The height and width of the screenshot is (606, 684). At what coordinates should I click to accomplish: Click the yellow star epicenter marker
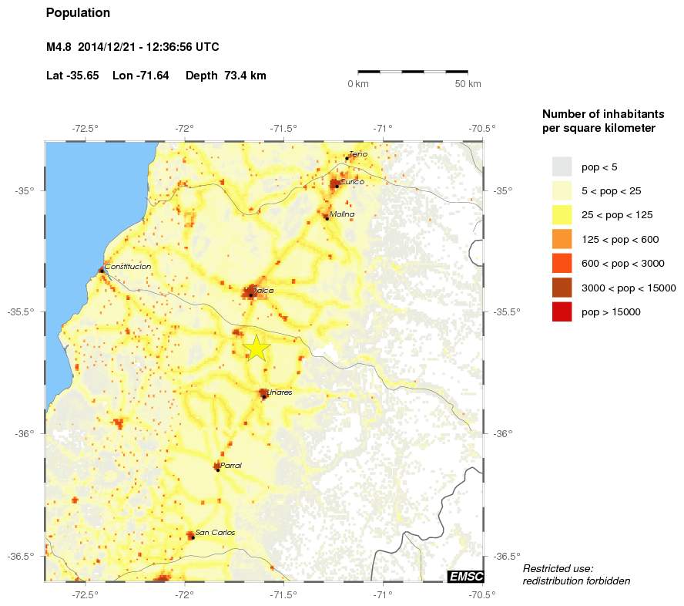(256, 348)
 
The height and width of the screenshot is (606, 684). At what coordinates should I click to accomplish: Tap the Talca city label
(263, 291)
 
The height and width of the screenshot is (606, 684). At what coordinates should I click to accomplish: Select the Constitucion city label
(127, 267)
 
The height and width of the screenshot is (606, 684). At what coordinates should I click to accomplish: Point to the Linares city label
(280, 392)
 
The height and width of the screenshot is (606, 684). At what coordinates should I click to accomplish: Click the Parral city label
(231, 466)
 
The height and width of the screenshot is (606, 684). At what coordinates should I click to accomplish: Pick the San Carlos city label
(215, 533)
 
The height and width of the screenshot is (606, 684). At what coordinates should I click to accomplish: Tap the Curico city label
(351, 182)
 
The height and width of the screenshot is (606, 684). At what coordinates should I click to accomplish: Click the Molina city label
(342, 214)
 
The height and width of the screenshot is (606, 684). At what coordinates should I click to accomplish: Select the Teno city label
(358, 154)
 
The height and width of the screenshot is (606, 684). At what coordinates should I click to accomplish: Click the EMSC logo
(465, 576)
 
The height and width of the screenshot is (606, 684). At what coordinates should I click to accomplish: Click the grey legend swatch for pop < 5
(562, 167)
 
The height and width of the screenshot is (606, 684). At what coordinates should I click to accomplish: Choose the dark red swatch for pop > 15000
(562, 312)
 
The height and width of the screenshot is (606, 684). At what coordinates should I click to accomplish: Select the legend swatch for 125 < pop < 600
(562, 239)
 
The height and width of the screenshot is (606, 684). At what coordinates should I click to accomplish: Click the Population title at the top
(78, 13)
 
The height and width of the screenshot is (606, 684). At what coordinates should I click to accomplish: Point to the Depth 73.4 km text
(226, 76)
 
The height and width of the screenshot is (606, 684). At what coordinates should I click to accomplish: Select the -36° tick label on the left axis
(25, 433)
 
